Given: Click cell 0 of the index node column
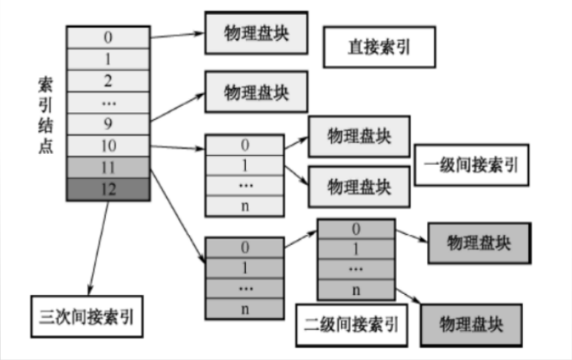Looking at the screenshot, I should pos(108,36).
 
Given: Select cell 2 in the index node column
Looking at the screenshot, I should pos(108,79).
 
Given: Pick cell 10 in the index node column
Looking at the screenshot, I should pos(108,145).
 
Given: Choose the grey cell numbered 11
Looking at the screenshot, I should pos(108,167).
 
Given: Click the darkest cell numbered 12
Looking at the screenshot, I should pos(108,189).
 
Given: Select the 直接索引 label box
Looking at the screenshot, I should pos(379,48).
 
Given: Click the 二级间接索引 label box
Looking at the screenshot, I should pos(351,324).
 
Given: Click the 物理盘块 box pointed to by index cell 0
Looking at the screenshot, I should pos(255,33).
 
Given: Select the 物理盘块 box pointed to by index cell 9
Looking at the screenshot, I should pos(255,92).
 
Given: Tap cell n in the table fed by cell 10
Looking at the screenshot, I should pos(244,205).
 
